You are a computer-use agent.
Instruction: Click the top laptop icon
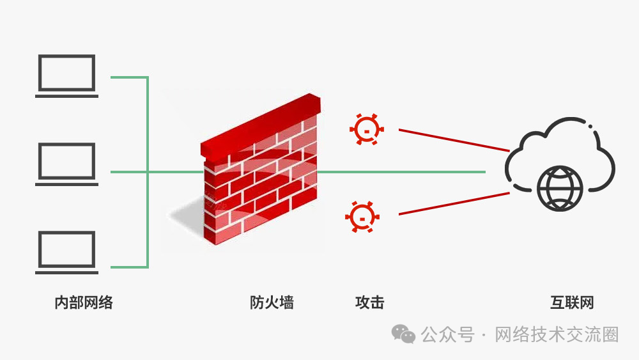tap(67, 75)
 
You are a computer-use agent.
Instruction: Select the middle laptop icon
tap(67, 164)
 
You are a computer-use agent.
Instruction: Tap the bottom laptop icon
tap(67, 252)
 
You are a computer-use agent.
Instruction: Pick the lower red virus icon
tap(362, 216)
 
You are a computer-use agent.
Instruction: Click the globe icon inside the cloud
tap(560, 189)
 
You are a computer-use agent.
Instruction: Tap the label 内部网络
tap(84, 302)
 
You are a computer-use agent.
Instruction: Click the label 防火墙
tap(272, 302)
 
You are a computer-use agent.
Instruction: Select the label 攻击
tap(369, 302)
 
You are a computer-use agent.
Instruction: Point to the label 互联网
tap(572, 302)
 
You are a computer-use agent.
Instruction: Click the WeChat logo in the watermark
tap(404, 334)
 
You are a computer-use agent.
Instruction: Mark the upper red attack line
tap(454, 140)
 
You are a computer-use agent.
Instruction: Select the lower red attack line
tap(454, 203)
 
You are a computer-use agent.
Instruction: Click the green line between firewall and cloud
tap(403, 172)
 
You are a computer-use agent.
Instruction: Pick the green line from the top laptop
tap(128, 77)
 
